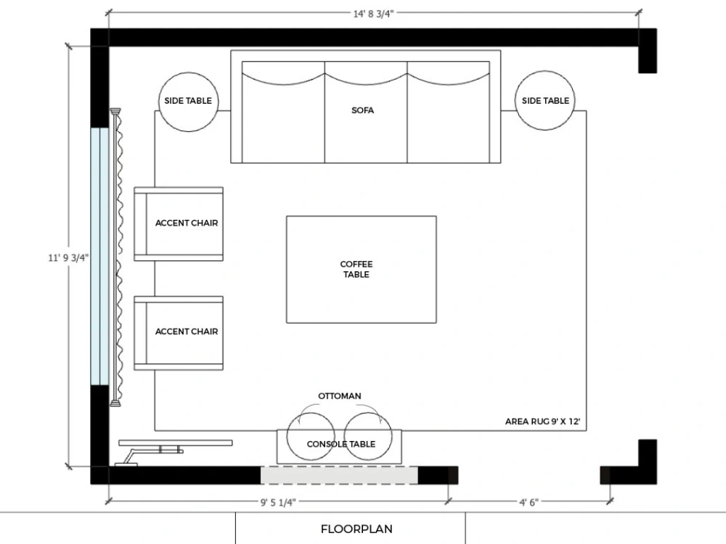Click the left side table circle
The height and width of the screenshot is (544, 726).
[x=189, y=101]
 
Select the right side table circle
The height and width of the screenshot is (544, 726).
[x=545, y=101]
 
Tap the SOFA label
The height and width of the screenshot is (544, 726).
[x=362, y=111]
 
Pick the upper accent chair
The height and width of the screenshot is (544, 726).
[x=179, y=223]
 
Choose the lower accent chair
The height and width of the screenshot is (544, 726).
[x=179, y=332]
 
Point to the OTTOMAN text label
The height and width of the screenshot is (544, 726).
[x=339, y=396]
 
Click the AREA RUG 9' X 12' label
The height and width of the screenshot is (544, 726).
[x=542, y=421]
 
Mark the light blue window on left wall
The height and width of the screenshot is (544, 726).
[x=98, y=256]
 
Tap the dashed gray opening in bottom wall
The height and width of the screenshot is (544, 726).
[x=339, y=475]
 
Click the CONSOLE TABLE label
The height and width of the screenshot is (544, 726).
[x=340, y=445]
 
